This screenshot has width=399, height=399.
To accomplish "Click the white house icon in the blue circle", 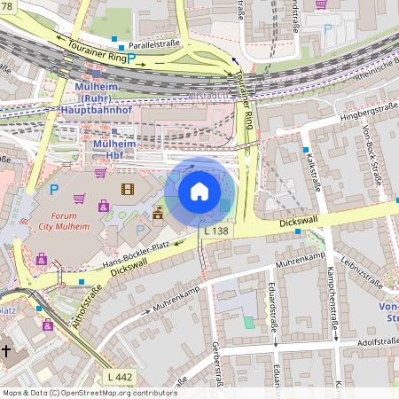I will pyautogui.click(x=199, y=191).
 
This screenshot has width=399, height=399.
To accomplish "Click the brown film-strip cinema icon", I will pyautogui.click(x=129, y=189).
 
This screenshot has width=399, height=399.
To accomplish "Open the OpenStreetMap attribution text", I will pyautogui.click(x=89, y=392).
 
